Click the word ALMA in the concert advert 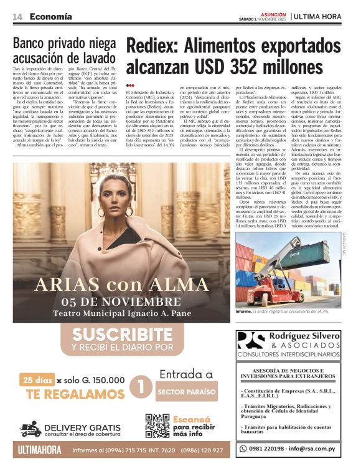[177, 285]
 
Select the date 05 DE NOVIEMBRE [121, 303]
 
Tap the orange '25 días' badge [35, 379]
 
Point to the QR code [157, 425]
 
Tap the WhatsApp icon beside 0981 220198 [244, 448]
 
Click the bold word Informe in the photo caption [244, 310]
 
